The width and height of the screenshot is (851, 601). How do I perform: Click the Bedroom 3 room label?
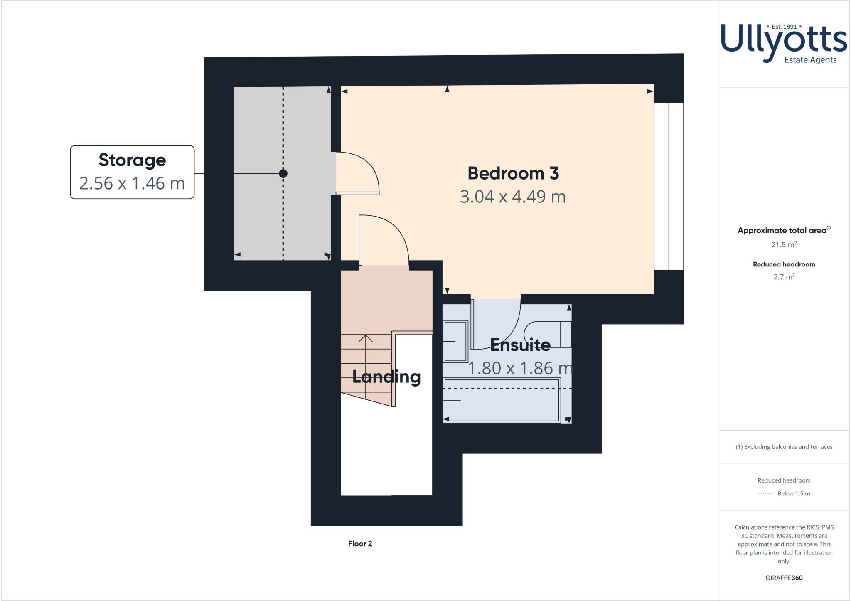[x=513, y=173]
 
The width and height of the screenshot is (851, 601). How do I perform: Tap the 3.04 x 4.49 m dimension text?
[x=513, y=197]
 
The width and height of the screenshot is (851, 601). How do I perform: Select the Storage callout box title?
[x=132, y=160]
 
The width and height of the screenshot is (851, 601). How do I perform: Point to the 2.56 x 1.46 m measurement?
[x=132, y=183]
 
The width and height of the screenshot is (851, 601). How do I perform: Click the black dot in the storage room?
[x=283, y=174]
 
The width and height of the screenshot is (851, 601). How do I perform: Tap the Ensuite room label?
[x=520, y=345]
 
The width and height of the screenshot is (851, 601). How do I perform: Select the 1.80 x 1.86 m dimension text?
[x=520, y=368]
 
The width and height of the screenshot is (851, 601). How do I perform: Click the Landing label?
[x=386, y=377]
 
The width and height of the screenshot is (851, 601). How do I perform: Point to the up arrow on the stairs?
[x=366, y=339]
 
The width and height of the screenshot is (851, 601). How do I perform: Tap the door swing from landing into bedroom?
[x=384, y=239]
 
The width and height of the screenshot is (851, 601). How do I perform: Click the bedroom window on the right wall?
[x=669, y=186]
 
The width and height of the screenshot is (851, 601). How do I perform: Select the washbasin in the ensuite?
[x=455, y=341]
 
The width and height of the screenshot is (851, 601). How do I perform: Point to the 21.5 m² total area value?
[x=784, y=245]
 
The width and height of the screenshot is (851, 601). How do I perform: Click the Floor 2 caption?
[x=360, y=544]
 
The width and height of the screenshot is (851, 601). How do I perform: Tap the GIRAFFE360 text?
[x=784, y=578]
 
